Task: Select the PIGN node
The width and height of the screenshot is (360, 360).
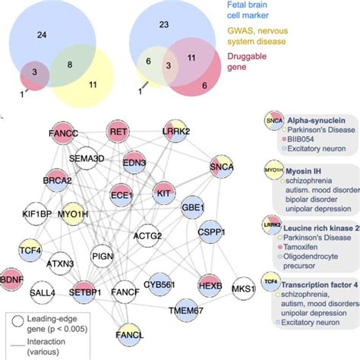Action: (105, 258)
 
